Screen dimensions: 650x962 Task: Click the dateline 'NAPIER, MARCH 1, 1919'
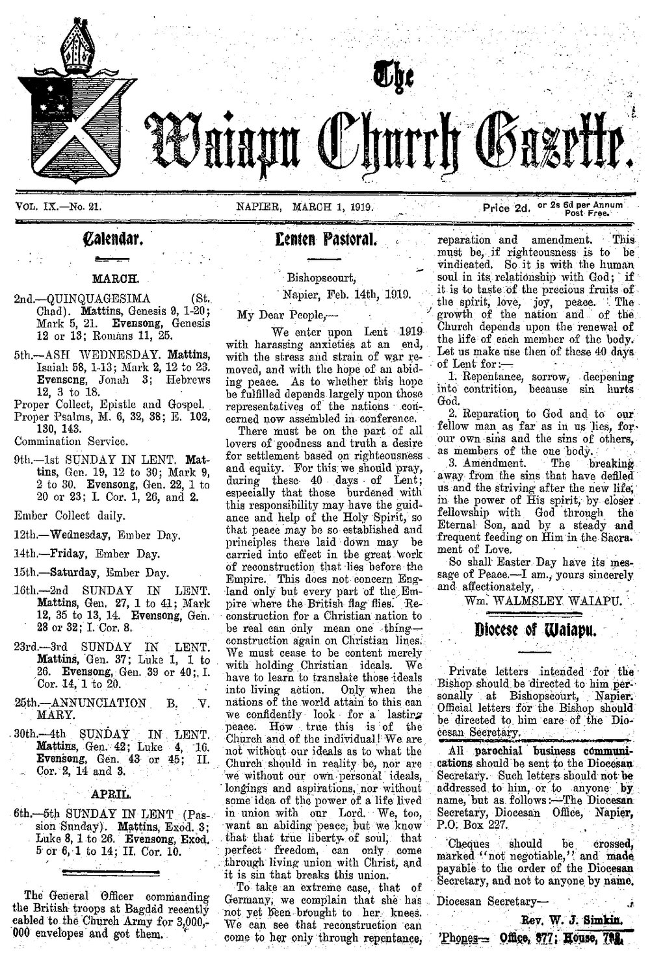(x=307, y=207)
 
